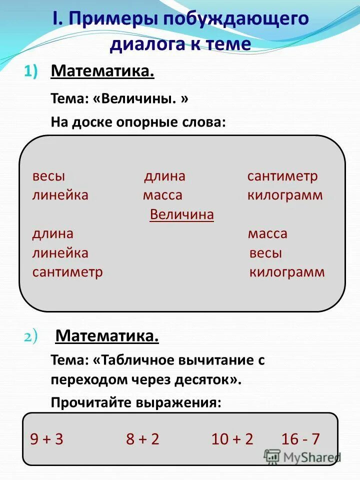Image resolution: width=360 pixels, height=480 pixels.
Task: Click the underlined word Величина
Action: click(181, 214)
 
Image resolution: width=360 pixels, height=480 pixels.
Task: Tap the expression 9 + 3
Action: click(46, 439)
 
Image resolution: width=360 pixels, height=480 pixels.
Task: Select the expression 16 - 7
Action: click(300, 439)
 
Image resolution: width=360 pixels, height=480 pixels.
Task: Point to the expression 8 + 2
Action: click(142, 439)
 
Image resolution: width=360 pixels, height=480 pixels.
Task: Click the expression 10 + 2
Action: click(232, 439)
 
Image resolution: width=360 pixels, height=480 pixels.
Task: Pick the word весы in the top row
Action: click(48, 176)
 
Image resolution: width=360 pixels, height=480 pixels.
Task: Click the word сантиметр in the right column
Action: click(282, 176)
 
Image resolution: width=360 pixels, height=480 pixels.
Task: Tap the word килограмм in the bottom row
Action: click(286, 272)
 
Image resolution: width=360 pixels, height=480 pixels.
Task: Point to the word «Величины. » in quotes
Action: click(140, 98)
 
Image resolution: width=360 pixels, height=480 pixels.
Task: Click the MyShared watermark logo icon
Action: click(272, 456)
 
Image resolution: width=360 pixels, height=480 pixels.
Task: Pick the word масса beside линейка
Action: click(162, 195)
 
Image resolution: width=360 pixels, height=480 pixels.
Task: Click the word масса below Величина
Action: click(267, 234)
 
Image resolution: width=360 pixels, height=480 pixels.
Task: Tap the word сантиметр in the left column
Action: click(67, 272)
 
